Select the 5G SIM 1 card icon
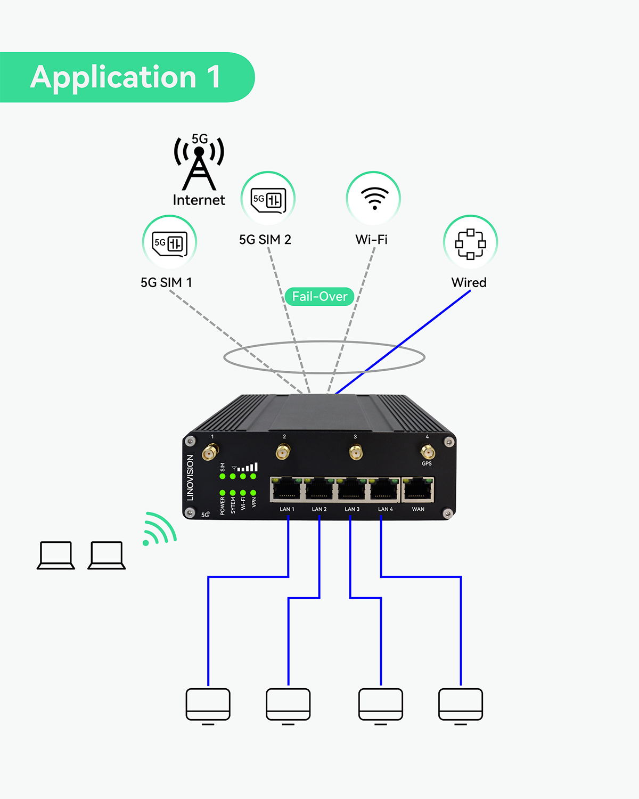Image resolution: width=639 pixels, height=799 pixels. [x=169, y=243]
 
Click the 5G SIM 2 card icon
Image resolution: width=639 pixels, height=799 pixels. [x=268, y=200]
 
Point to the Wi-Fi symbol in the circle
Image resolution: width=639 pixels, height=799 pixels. [x=374, y=199]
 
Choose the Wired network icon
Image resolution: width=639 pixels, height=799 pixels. [x=470, y=243]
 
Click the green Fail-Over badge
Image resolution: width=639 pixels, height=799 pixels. [x=319, y=296]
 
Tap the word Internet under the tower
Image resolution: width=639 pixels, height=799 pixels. [x=199, y=200]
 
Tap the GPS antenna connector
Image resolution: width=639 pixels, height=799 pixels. [x=427, y=452]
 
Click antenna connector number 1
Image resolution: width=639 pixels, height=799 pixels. [x=210, y=453]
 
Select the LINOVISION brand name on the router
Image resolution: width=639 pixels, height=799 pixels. [x=190, y=477]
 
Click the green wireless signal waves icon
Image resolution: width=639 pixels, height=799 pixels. [x=159, y=529]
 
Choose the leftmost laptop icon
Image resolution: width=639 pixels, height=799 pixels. [x=56, y=555]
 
